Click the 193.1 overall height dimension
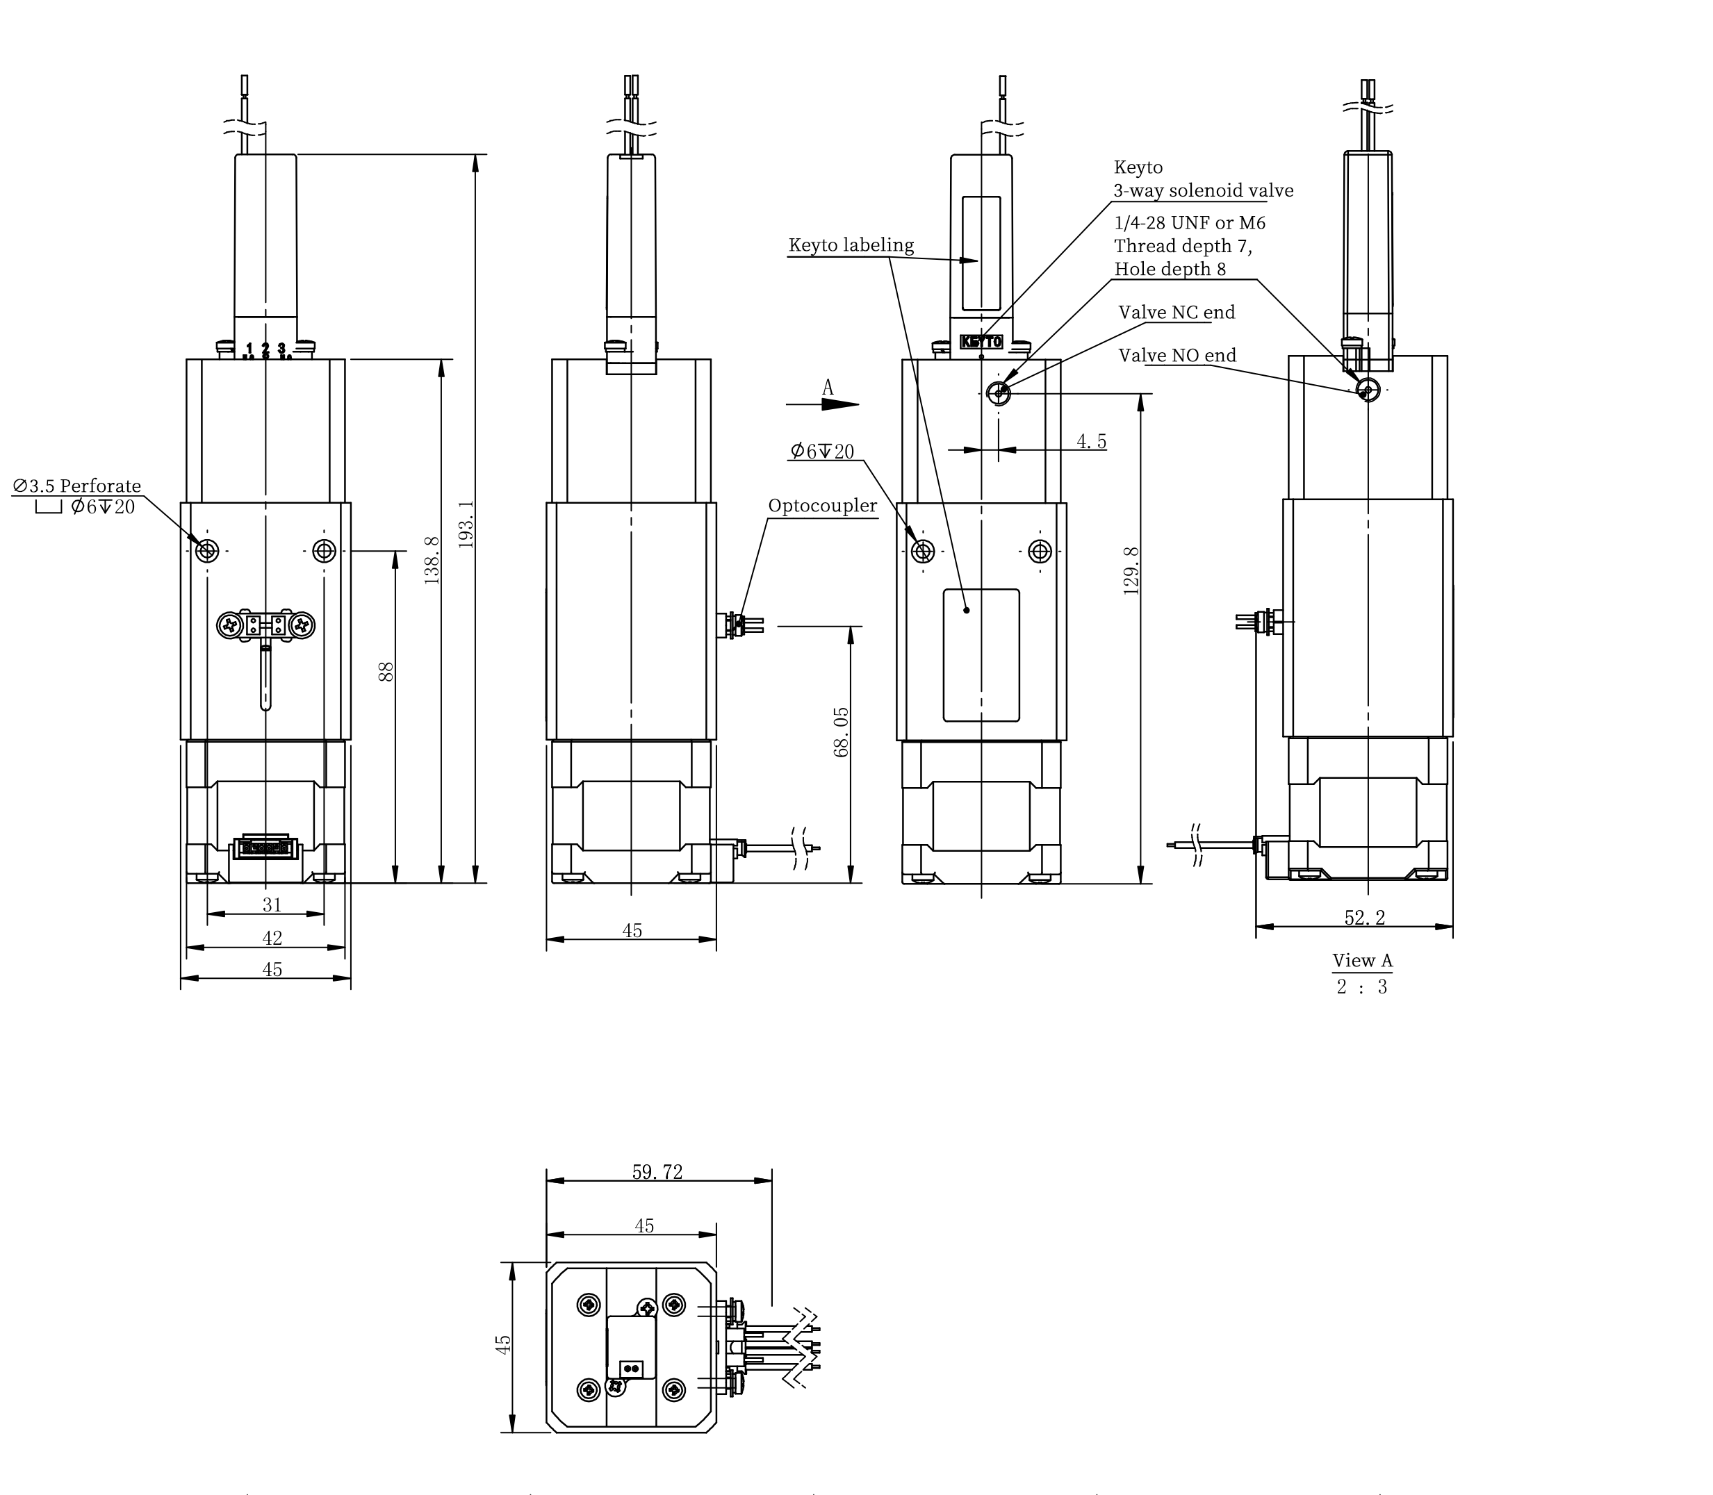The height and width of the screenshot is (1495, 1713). [x=466, y=524]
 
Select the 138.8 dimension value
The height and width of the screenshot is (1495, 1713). [x=432, y=560]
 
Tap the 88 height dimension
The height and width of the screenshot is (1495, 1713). [x=386, y=672]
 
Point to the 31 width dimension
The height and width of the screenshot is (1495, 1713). [x=272, y=905]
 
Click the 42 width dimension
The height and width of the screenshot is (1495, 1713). [x=272, y=938]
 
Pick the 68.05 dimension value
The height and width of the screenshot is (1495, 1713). [x=842, y=732]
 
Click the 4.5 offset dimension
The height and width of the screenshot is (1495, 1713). [x=1091, y=441]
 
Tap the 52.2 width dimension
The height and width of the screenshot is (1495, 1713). [x=1365, y=918]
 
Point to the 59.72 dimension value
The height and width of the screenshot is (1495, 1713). [x=657, y=1172]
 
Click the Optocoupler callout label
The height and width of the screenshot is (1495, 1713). [x=823, y=506]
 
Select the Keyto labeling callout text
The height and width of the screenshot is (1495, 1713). [x=851, y=245]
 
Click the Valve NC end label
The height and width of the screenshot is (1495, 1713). [x=1177, y=312]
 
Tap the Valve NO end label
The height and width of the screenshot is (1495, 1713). [x=1177, y=356]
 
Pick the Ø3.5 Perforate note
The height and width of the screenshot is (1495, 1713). [x=76, y=486]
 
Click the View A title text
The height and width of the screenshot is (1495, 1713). [x=1363, y=960]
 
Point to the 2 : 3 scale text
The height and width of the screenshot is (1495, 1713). [x=1362, y=987]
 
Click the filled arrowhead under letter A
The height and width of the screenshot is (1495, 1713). [x=839, y=404]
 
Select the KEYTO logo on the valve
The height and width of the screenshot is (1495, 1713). [x=981, y=342]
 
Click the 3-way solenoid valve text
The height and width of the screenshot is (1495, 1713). [x=1203, y=191]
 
